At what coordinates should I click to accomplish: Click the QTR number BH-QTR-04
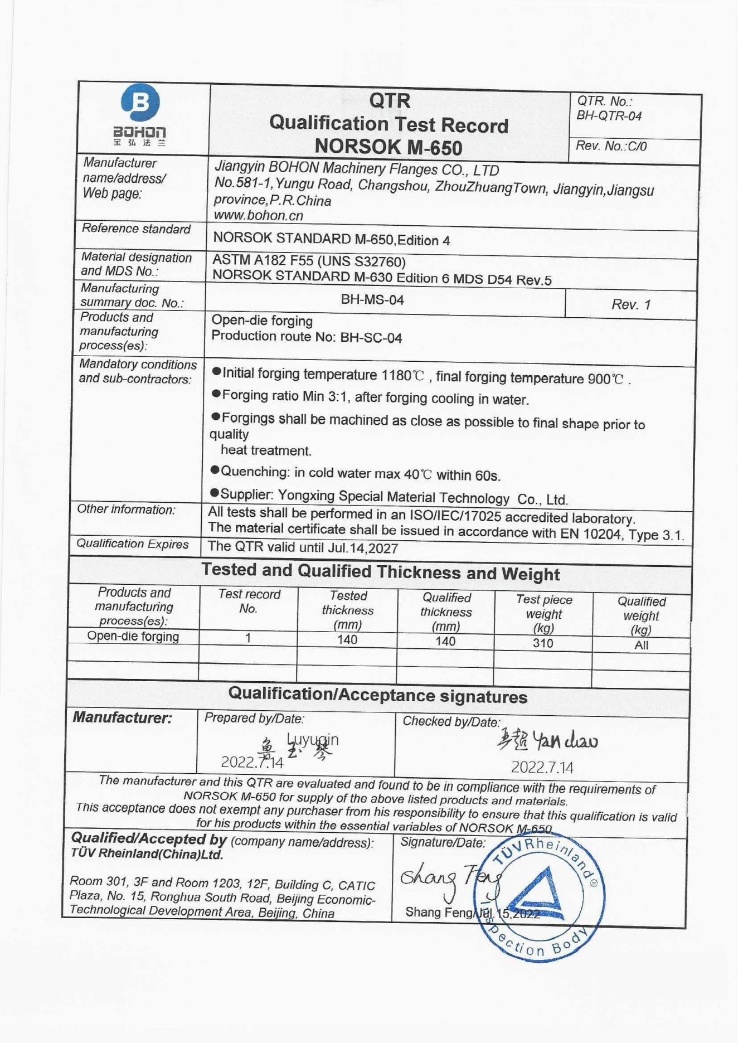(609, 116)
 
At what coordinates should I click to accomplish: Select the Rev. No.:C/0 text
(611, 146)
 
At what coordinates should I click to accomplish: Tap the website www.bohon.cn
(259, 215)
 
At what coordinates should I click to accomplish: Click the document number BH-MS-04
(372, 300)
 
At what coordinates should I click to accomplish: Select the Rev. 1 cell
(631, 304)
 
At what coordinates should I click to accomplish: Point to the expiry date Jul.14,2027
(363, 548)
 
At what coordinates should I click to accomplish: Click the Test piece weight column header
(543, 614)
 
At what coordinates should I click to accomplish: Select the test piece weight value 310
(543, 643)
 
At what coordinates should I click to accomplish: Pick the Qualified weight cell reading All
(641, 645)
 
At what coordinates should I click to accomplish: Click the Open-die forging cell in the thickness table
(133, 637)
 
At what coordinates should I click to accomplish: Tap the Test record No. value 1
(248, 638)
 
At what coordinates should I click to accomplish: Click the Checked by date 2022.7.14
(542, 767)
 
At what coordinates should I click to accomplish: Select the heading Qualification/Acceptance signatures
(377, 695)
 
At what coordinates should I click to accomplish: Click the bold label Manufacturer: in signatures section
(123, 718)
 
